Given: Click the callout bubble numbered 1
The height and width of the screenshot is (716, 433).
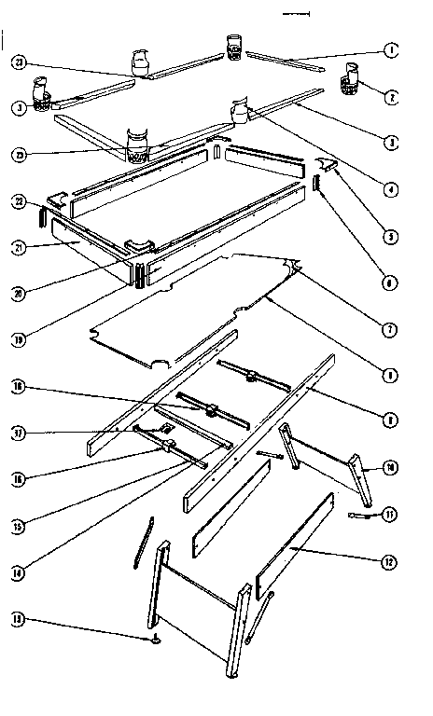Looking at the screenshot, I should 391,49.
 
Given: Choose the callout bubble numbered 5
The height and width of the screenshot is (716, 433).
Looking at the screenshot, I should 391,238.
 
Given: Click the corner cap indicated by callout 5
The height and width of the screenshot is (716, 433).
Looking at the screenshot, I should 326,164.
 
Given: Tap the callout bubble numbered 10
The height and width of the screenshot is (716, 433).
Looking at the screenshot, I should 391,466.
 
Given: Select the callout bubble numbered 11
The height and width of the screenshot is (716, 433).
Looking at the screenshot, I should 391,513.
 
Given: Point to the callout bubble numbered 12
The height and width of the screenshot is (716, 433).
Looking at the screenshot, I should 391,561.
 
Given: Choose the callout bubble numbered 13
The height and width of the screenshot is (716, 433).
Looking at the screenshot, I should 18,618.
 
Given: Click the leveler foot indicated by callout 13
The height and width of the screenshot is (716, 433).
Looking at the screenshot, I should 154,640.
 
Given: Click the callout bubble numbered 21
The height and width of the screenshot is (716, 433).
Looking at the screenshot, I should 18,246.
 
